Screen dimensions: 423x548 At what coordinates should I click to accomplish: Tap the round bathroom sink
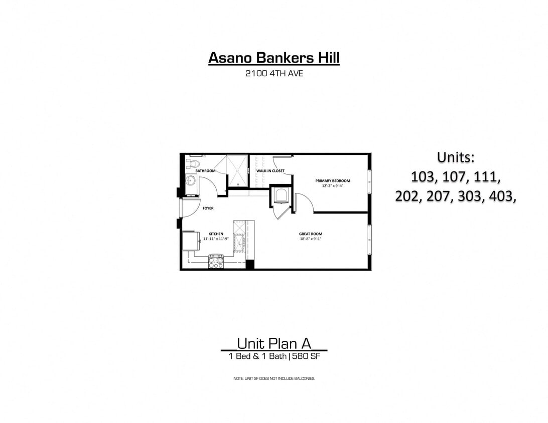(x=191, y=181)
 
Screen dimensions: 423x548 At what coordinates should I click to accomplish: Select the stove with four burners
(x=216, y=261)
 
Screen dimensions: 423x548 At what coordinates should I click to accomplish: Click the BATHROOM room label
(x=205, y=171)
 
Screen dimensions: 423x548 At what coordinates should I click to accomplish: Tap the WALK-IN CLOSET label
(x=270, y=171)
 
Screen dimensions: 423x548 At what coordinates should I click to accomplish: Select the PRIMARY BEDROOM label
(x=332, y=181)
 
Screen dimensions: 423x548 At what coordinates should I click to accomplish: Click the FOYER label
(x=208, y=208)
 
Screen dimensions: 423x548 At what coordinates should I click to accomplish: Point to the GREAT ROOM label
(x=310, y=234)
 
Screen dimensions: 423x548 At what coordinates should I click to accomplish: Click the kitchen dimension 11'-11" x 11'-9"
(x=216, y=239)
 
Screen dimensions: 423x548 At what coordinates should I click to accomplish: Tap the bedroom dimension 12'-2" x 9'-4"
(x=333, y=186)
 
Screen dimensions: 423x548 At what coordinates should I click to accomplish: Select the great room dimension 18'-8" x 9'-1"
(x=310, y=239)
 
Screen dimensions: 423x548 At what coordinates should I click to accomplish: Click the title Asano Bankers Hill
(x=274, y=58)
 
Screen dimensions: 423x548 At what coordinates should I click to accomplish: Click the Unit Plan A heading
(x=274, y=343)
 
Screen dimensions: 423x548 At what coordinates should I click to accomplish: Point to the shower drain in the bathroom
(x=237, y=170)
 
